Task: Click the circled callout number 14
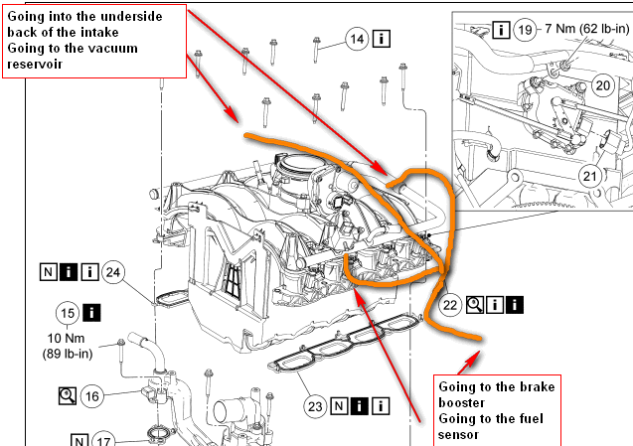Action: pyautogui.click(x=358, y=39)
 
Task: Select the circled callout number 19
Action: pyautogui.click(x=527, y=31)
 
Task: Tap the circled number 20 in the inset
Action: pyautogui.click(x=602, y=85)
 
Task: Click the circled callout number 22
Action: pyautogui.click(x=452, y=305)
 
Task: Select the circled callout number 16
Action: pyautogui.click(x=92, y=395)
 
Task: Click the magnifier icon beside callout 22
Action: pyautogui.click(x=475, y=305)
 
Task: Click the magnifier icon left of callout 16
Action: pyautogui.click(x=67, y=395)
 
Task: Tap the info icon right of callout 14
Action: pyautogui.click(x=381, y=39)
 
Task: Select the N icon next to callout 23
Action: pyautogui.click(x=340, y=405)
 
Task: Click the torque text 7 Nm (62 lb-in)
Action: pyautogui.click(x=585, y=31)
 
